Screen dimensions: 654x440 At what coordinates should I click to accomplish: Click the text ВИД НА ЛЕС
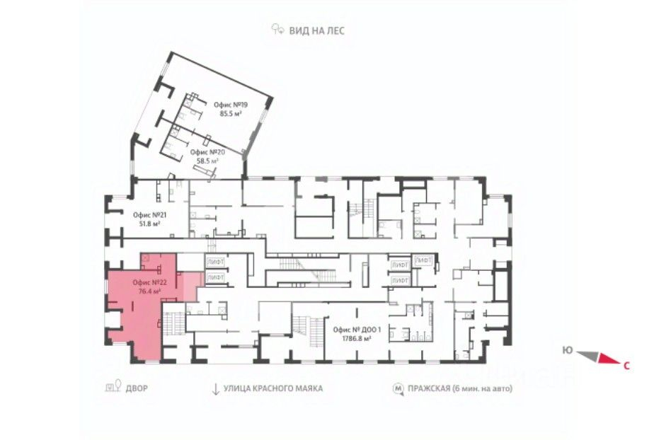[x=317, y=31]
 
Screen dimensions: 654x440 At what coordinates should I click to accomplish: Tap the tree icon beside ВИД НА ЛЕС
[x=277, y=29]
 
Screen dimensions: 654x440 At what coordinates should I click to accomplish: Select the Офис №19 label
[x=231, y=105]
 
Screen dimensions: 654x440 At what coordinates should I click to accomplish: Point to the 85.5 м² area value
[x=231, y=113]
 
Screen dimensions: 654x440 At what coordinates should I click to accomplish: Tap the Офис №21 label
[x=150, y=216]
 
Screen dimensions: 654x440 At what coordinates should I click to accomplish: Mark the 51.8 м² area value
[x=150, y=224]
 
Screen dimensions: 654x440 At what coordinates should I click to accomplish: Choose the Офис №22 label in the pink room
[x=150, y=283]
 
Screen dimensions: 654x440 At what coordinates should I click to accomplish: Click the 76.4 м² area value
[x=150, y=291]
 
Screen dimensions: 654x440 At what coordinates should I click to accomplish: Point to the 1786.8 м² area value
[x=357, y=339]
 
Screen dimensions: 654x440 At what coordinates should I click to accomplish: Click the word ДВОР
[x=137, y=389]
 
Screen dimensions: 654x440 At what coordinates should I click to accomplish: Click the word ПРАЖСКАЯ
[x=429, y=389]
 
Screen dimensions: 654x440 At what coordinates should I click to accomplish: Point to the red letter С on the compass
[x=626, y=366]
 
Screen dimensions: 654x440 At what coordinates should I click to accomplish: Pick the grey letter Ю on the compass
[x=567, y=350]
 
